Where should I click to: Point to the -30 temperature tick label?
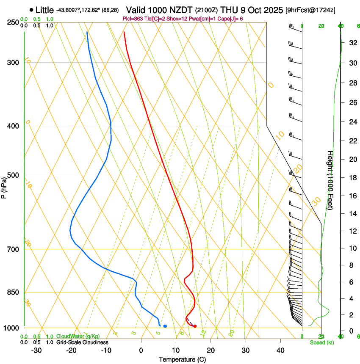pos(36,350)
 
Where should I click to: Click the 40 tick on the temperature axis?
pos(280,350)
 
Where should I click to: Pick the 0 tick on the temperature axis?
pos(141,350)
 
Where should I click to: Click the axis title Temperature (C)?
pos(182,359)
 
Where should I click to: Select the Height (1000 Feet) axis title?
pos(330,180)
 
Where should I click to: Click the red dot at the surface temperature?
pos(195,326)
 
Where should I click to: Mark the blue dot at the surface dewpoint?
pos(165,326)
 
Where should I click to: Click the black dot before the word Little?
pos(31,10)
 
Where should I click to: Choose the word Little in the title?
pos(44,10)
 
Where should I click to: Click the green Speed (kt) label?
pos(321,342)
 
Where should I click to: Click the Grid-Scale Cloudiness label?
pos(82,342)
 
